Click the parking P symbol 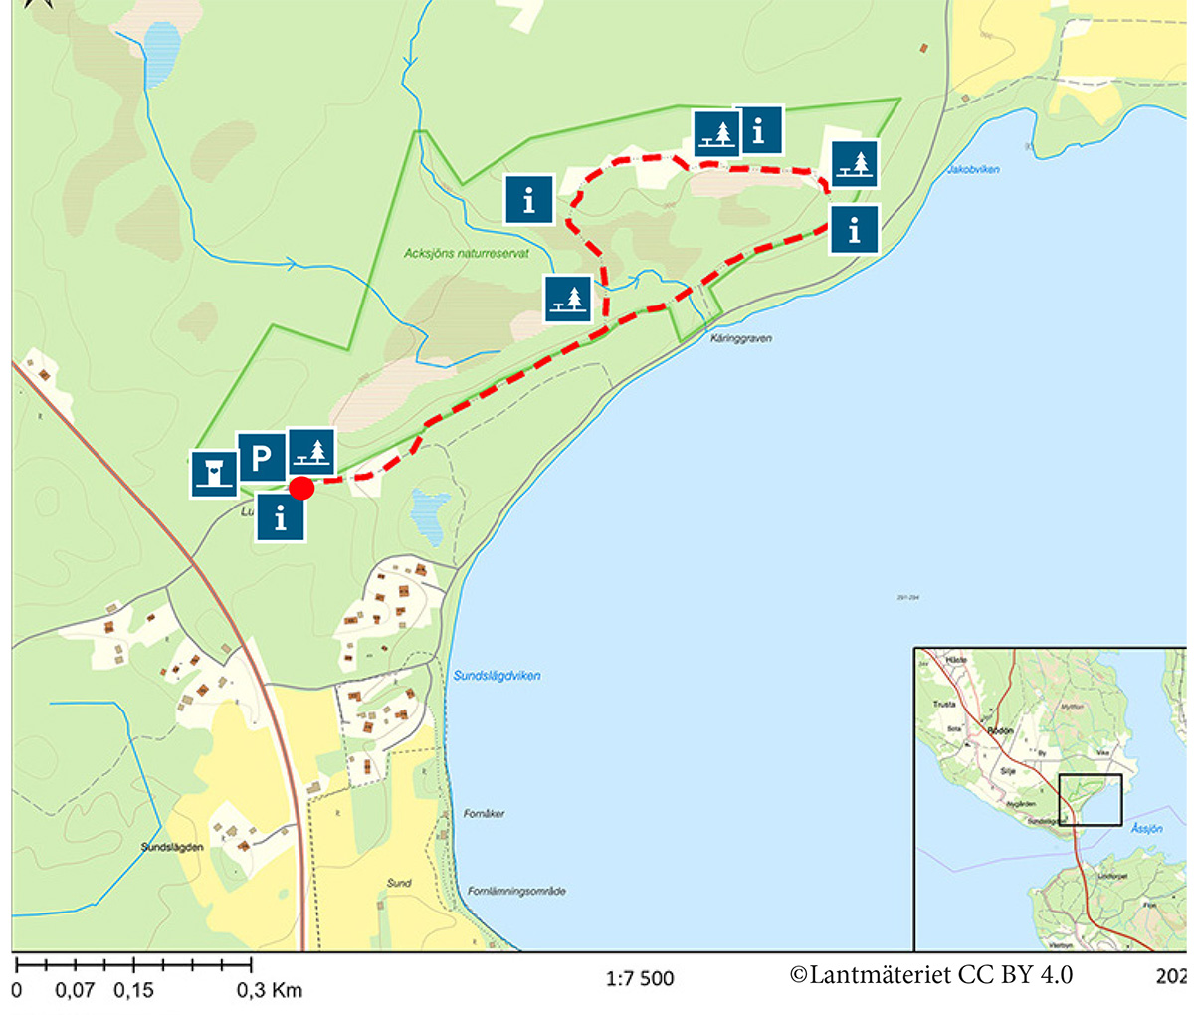261,458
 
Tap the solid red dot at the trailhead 301,488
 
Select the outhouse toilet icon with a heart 214,473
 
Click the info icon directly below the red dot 281,517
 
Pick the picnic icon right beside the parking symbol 311,453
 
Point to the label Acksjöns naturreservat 453,254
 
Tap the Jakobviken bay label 973,170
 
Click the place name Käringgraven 741,339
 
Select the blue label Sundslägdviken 497,676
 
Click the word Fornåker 485,814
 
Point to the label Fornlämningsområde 516,892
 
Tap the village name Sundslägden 172,848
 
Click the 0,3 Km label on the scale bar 269,991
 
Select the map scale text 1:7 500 640,979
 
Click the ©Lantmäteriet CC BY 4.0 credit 931,975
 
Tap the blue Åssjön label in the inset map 1146,828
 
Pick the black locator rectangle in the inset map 1091,800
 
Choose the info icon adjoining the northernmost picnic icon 759,130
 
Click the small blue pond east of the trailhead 430,514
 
